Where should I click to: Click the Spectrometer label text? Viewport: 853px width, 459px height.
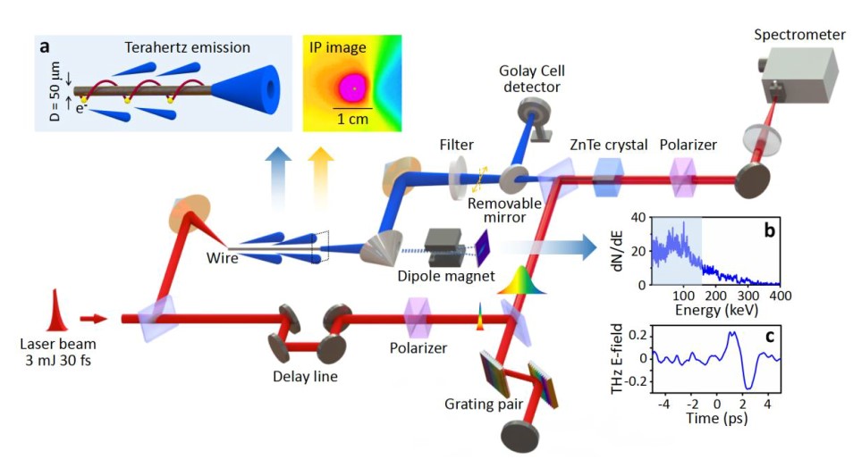(x=798, y=35)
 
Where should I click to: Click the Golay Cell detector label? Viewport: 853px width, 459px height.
(x=534, y=79)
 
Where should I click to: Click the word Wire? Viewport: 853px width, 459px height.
(x=224, y=259)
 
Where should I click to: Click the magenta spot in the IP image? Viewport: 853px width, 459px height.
(x=353, y=88)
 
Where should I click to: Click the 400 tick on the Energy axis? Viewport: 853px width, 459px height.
(x=780, y=296)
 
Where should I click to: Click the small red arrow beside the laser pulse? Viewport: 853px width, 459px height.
(x=93, y=317)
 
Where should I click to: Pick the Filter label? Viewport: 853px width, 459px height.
(x=456, y=145)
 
